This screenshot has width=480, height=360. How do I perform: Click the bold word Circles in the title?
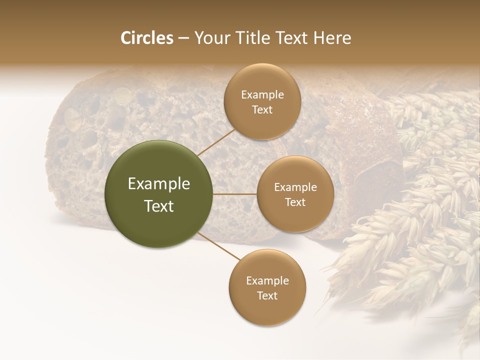147,38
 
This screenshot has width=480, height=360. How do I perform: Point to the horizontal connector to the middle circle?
235,194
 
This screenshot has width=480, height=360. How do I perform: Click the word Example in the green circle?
159,184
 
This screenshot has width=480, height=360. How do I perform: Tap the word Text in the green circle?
159,206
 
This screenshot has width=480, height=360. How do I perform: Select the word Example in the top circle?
262,95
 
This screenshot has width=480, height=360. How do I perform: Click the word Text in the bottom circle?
267,295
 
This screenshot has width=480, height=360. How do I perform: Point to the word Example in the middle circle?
295,187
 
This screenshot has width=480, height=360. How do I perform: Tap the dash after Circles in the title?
183,38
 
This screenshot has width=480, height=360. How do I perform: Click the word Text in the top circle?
262,110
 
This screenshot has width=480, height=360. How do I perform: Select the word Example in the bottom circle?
267,280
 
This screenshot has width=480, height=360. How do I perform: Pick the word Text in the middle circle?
295,202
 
